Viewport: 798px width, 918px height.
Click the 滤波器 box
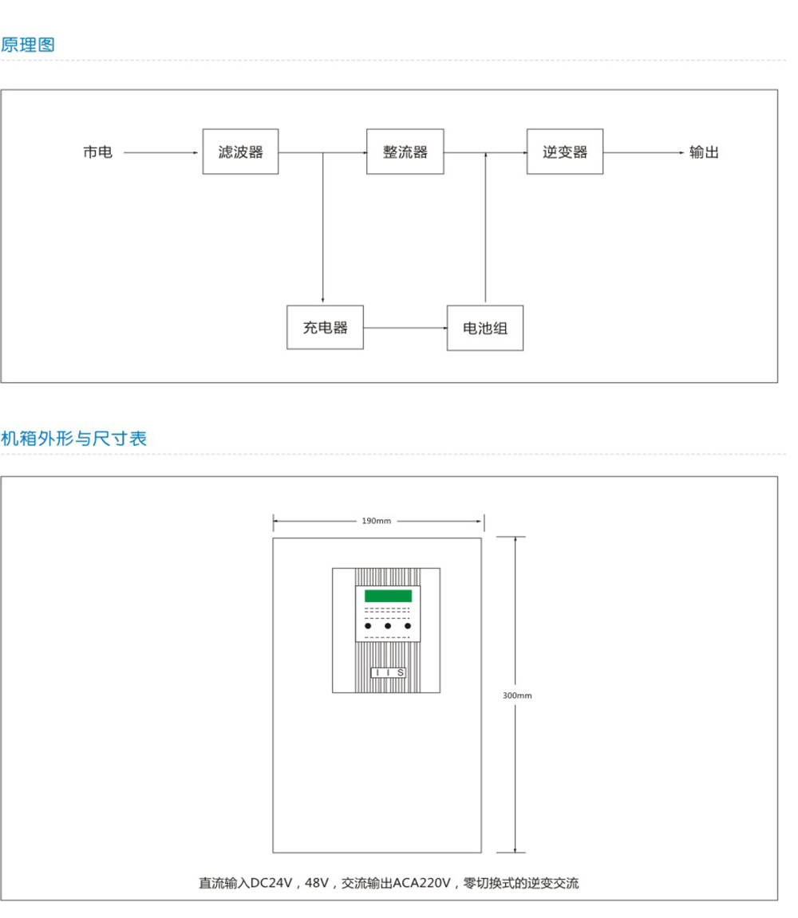pos(240,152)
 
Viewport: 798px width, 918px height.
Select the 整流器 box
pos(405,152)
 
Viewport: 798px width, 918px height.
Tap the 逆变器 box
pos(565,152)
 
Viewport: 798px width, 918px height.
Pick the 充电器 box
pos(325,327)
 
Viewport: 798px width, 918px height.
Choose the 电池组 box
pos(485,328)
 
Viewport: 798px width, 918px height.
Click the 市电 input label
pos(98,152)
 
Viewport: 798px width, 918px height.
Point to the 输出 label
pos(705,152)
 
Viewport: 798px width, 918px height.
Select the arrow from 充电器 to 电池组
pos(405,327)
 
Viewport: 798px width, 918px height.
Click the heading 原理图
pos(28,45)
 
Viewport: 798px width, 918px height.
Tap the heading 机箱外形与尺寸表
pos(73,438)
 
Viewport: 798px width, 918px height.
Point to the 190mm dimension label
pos(377,522)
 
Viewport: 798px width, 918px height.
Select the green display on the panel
pos(388,596)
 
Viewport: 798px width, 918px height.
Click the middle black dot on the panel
pos(388,626)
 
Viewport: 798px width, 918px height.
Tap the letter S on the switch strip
pos(400,673)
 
